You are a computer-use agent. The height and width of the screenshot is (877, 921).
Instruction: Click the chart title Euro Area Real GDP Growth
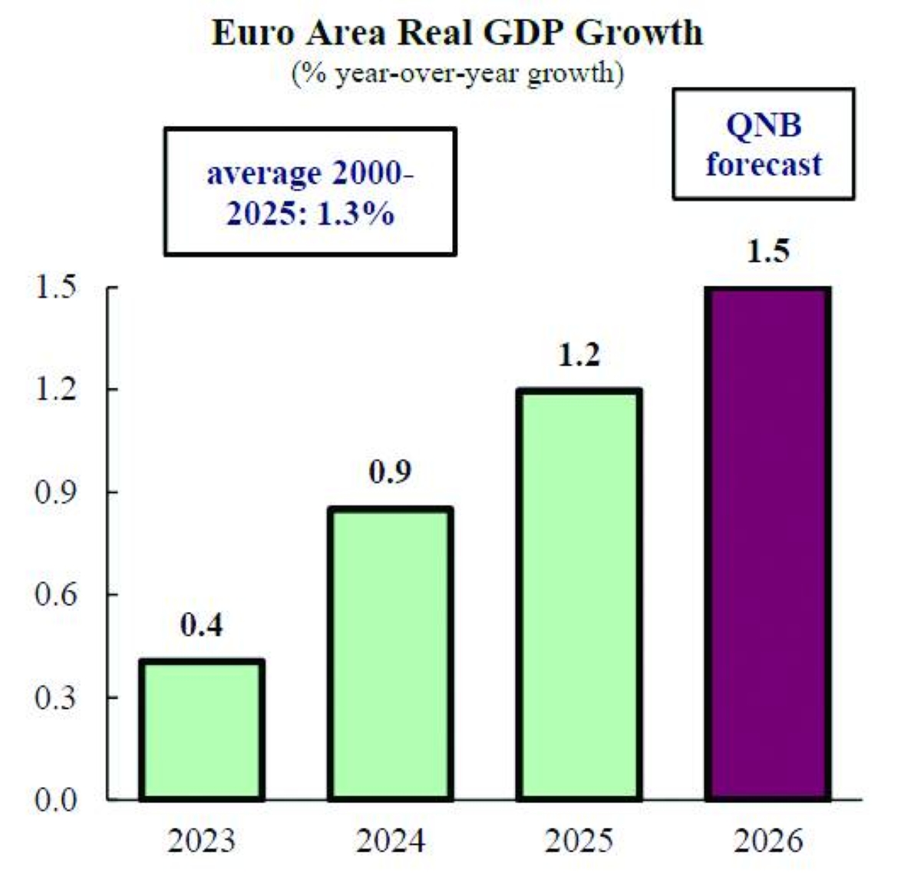click(x=457, y=33)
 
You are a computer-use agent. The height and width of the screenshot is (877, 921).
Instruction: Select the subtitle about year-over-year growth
click(x=457, y=74)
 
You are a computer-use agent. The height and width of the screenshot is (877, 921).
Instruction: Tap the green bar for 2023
click(x=202, y=730)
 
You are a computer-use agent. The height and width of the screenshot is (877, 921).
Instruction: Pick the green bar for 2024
click(x=391, y=654)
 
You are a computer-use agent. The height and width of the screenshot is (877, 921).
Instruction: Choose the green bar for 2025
click(x=579, y=594)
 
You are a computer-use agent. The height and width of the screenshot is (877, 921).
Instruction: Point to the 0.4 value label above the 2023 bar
click(x=202, y=626)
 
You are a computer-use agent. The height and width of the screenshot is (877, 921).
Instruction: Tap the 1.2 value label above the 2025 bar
click(x=579, y=355)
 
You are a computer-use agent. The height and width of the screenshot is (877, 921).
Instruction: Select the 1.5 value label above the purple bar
click(x=767, y=252)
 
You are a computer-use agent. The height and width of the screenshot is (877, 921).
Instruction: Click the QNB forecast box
click(x=764, y=144)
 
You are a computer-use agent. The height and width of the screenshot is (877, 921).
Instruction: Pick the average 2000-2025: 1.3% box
click(x=310, y=192)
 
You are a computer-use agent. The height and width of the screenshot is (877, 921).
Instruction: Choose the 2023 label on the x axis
click(x=202, y=841)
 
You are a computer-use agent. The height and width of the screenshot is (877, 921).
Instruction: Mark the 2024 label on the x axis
click(x=391, y=841)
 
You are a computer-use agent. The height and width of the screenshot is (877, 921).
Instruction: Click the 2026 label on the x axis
click(x=767, y=841)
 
